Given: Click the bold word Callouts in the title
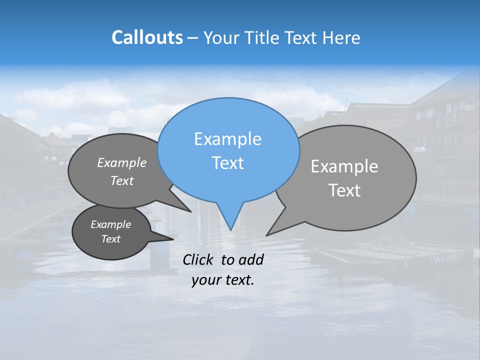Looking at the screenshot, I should point(147,37).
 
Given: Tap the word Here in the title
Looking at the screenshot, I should point(341,37).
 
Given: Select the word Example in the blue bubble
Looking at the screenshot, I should point(227,139).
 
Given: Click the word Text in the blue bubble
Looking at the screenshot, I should point(227,163).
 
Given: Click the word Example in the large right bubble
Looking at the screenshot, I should point(344,166).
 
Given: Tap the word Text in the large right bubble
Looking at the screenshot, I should point(344,190).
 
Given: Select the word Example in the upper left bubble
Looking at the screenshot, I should point(122,163).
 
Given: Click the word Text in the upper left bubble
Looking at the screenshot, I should point(122,180).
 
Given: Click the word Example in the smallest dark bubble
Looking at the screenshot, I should point(111,224).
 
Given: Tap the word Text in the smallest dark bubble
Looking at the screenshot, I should point(111,239).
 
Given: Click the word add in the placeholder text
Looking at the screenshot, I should point(251,259).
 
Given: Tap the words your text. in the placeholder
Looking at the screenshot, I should point(223,280).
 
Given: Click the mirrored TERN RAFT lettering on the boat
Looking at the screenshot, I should point(446,258).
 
